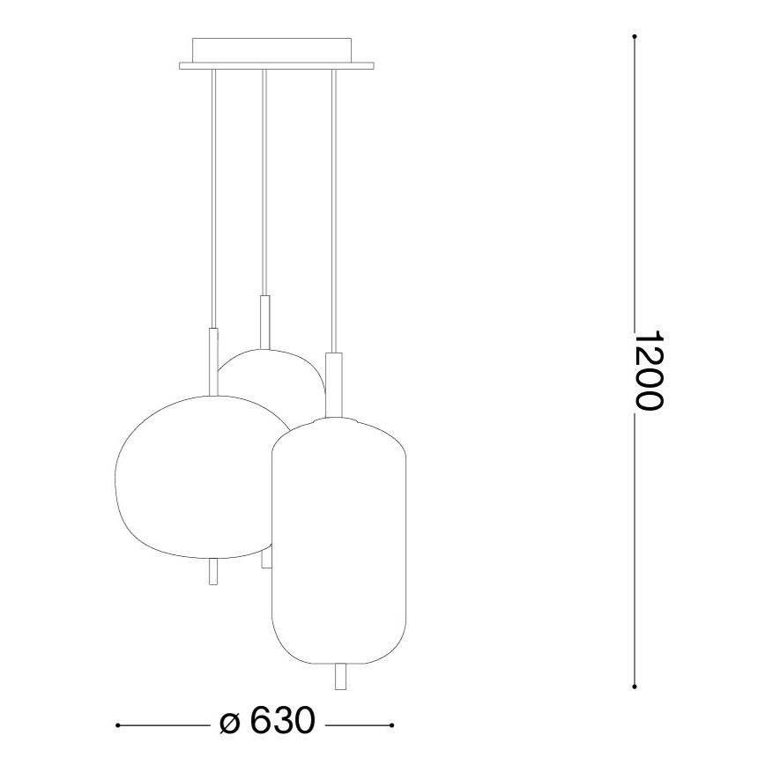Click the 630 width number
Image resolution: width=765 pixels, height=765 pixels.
pyautogui.click(x=282, y=722)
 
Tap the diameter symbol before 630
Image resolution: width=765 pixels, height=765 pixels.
pyautogui.click(x=228, y=723)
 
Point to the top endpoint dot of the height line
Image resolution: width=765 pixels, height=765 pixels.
pyautogui.click(x=635, y=36)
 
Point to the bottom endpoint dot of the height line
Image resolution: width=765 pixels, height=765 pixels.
pyautogui.click(x=635, y=687)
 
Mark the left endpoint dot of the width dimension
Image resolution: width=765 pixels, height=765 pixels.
pyautogui.click(x=118, y=725)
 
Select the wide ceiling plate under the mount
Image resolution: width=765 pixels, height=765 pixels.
pyautogui.click(x=277, y=64)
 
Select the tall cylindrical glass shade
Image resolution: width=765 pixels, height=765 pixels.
pyautogui.click(x=339, y=538)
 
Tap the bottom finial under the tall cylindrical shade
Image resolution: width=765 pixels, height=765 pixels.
pyautogui.click(x=341, y=677)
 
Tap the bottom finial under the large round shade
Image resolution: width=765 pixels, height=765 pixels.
pyautogui.click(x=212, y=572)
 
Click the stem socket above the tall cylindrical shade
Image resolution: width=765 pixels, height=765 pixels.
pyautogui.click(x=332, y=383)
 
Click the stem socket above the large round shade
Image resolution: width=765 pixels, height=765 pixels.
pyautogui.click(x=212, y=361)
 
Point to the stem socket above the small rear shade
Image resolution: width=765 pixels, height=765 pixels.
pyautogui.click(x=264, y=322)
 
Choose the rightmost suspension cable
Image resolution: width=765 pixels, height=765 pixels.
pyautogui.click(x=332, y=212)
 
